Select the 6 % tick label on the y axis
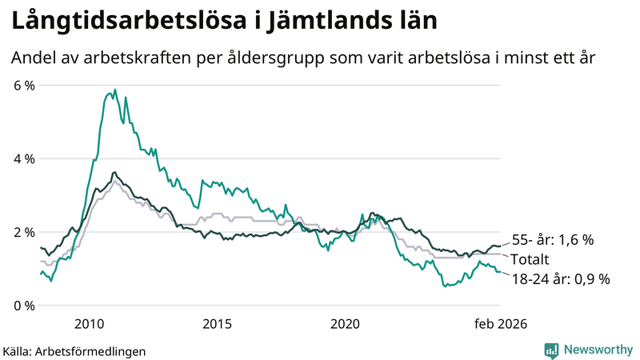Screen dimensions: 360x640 point(24,85)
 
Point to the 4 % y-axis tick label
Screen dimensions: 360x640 point(24,158)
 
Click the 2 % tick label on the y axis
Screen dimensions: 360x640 point(24,232)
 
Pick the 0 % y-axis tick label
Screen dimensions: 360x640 point(24,306)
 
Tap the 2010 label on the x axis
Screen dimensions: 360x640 point(89,324)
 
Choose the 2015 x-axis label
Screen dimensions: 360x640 point(217,324)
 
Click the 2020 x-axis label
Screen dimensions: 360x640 point(345,324)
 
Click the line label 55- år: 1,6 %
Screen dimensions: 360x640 point(551,240)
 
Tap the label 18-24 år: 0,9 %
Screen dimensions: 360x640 point(560,278)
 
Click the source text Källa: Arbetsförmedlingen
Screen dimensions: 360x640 point(74,350)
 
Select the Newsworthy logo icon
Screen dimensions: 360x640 point(551,350)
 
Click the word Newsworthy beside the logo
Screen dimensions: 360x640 point(598,350)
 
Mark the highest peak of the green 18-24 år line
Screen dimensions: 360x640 point(114,90)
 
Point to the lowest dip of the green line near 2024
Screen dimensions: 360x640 point(445,286)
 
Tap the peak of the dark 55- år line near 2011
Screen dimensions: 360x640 point(114,172)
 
